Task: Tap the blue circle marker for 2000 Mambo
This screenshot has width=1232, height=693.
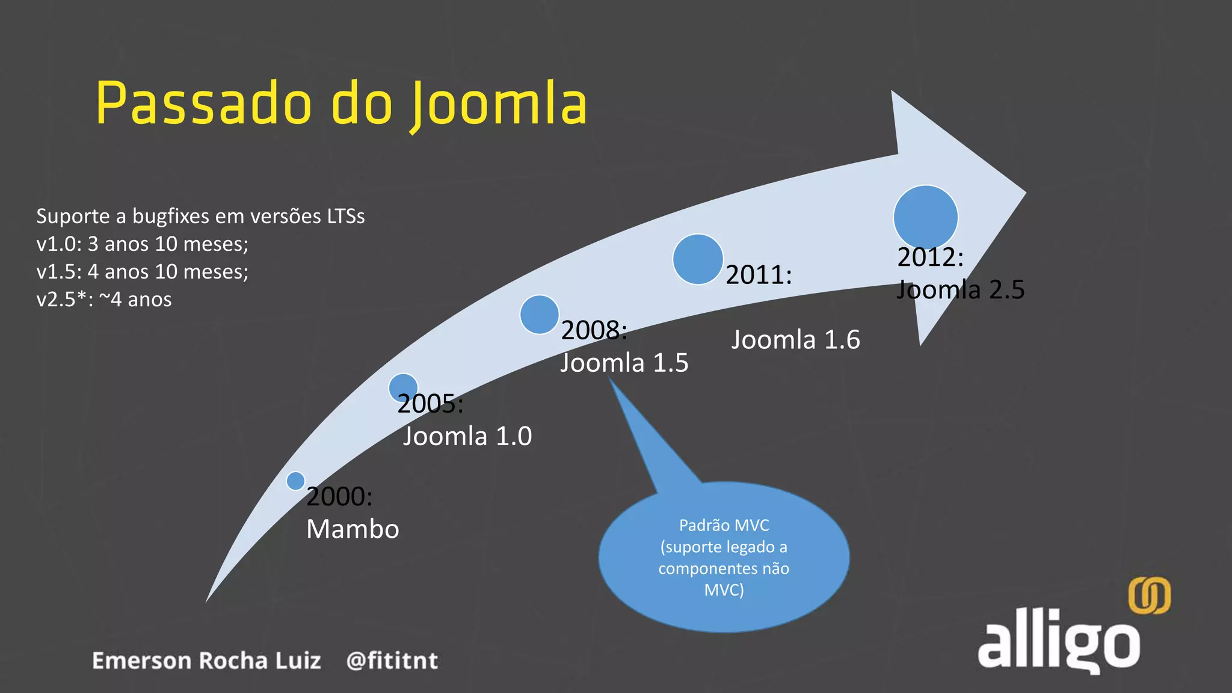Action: pos(295,481)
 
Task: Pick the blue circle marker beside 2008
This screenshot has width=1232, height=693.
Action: pos(540,314)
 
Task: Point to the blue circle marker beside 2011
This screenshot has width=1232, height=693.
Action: pos(698,259)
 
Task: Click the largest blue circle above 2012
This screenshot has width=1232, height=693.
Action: pos(925,217)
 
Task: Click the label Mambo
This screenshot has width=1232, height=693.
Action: pos(353,529)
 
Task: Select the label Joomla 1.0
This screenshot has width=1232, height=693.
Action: pos(467,436)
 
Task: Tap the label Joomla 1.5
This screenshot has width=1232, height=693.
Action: pos(624,363)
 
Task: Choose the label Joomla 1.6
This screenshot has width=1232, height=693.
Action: pos(795,340)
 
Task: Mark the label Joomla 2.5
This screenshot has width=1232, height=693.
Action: pos(960,290)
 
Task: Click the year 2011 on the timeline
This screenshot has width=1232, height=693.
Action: pos(758,275)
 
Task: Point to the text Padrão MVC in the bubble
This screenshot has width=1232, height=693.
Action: pos(724,525)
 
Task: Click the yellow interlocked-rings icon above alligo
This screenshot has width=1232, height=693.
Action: pos(1149,596)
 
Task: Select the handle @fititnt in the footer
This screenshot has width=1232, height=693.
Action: pos(392,661)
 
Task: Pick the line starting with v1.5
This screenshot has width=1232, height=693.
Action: pos(142,272)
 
